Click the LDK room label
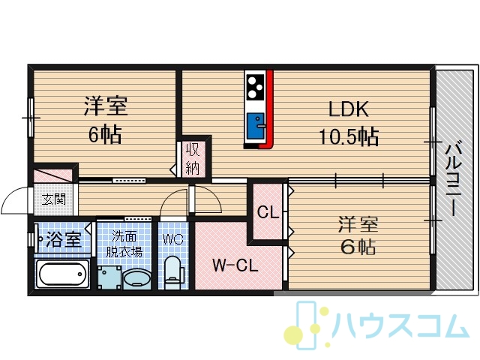(348, 109)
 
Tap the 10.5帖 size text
(349, 136)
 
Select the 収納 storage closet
(193, 159)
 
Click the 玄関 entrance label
(54, 200)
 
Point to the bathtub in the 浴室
(62, 274)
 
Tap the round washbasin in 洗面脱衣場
(136, 278)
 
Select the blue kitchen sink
(256, 126)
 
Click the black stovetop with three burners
(255, 87)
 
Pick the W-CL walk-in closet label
(235, 265)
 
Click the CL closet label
(268, 211)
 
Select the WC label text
(173, 239)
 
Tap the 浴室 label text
(63, 239)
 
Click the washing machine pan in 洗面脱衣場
(110, 277)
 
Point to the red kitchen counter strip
(268, 109)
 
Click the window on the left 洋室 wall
(31, 117)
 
